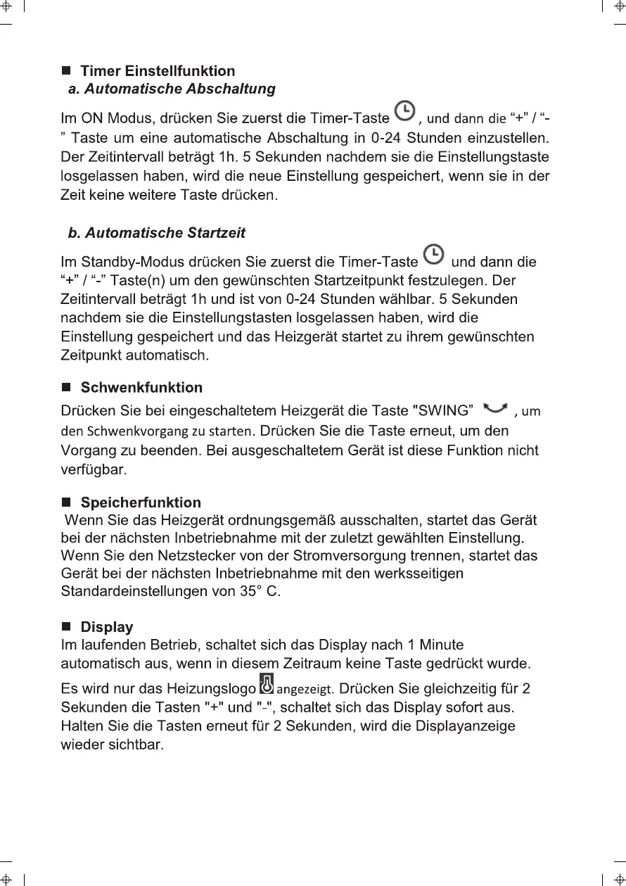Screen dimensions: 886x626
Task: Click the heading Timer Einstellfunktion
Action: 158,71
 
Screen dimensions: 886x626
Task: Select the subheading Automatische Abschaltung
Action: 172,89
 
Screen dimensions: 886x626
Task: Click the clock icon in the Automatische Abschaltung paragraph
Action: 404,111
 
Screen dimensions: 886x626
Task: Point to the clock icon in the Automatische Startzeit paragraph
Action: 434,254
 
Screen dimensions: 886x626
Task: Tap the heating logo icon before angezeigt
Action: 267,683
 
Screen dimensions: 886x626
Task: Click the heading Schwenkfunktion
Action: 141,388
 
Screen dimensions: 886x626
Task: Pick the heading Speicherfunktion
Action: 141,502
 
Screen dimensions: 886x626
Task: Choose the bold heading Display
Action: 107,627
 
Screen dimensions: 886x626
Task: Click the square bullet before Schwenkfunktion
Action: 67,388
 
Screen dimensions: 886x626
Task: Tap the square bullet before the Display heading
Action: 67,627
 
